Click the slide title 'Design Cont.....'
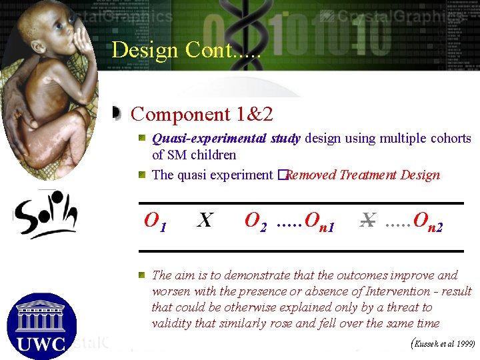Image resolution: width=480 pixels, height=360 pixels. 186,50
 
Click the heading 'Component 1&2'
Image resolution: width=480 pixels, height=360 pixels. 202,114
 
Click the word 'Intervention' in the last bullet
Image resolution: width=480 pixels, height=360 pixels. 393,291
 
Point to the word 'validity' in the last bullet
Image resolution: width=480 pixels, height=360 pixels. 173,323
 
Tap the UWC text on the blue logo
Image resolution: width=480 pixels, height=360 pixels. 41,344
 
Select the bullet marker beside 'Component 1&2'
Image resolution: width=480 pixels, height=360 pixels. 117,114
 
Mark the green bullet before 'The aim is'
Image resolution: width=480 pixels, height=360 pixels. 143,275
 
